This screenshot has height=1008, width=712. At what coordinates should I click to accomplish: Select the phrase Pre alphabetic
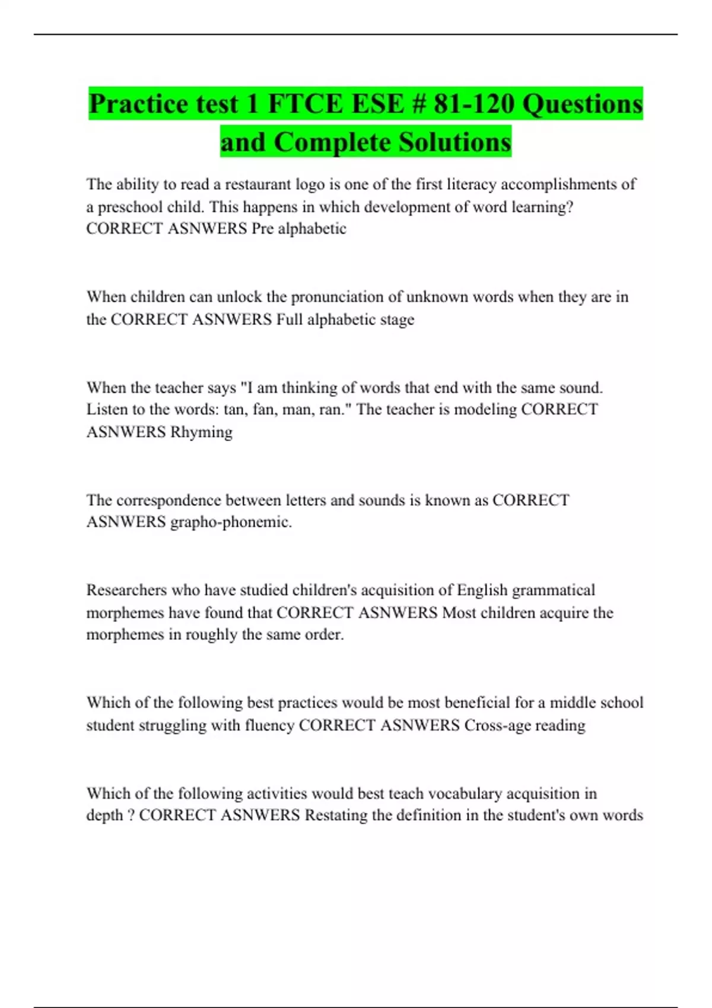(x=299, y=229)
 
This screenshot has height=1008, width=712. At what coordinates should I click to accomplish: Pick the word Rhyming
(x=201, y=432)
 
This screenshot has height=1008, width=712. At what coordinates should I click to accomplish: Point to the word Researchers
(x=126, y=590)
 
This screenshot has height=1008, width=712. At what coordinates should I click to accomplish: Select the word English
(x=482, y=590)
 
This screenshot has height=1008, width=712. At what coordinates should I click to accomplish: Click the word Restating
(x=336, y=815)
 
